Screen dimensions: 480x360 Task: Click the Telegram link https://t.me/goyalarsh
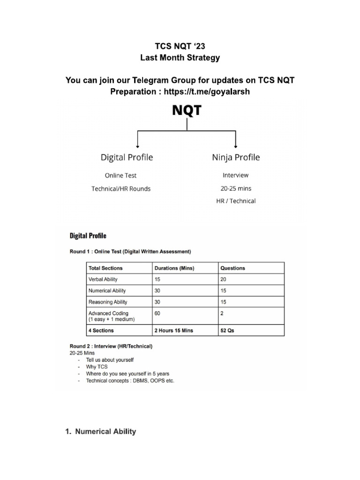[207, 92]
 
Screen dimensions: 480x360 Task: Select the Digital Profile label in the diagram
[127, 157]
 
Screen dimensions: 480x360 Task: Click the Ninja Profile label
[236, 157]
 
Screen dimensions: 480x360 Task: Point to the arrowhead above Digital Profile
[136, 145]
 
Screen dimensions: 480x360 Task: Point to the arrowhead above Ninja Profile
[235, 145]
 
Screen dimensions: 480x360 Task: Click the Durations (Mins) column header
[174, 268]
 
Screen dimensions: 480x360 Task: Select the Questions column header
[232, 268]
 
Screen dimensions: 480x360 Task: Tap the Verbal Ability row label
[103, 279]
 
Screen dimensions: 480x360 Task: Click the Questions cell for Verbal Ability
[223, 279]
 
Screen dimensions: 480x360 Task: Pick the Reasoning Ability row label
[108, 302]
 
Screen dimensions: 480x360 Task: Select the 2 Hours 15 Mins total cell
[173, 330]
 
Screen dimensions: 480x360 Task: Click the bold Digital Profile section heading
[88, 235]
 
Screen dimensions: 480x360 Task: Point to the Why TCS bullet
[97, 367]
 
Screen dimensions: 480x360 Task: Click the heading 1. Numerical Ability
[100, 432]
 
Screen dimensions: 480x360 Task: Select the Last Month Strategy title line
[180, 59]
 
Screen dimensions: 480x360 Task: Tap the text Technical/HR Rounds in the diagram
[121, 189]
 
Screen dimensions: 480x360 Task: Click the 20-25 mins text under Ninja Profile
[236, 188]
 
